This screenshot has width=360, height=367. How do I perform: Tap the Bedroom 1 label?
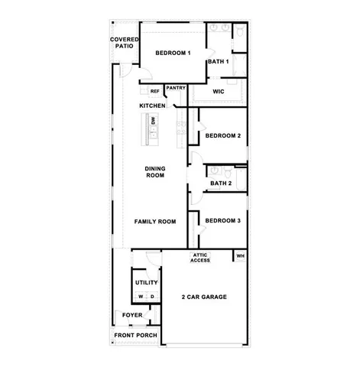pos(173,53)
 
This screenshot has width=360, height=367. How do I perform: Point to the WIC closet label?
pos(218,91)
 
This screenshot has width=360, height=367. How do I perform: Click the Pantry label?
pos(176,88)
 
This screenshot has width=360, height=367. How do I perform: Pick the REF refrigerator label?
pos(154,91)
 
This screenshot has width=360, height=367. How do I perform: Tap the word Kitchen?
pos(152,105)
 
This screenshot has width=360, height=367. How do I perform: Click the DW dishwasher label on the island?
pos(153,121)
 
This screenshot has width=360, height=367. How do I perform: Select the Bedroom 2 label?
pos(223,136)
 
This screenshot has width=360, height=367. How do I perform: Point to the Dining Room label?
pos(155,172)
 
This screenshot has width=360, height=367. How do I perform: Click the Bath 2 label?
pos(221,183)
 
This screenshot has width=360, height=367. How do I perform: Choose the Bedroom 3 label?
pos(223,221)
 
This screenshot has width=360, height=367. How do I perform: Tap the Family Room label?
pos(155,222)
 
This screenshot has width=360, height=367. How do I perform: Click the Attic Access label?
pos(200,258)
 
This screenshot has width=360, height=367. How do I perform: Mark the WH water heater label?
pos(240,255)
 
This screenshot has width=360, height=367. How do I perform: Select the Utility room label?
pos(146,283)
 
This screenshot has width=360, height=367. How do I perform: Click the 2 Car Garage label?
pos(205,297)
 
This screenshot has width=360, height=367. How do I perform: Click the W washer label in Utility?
pos(140,297)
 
